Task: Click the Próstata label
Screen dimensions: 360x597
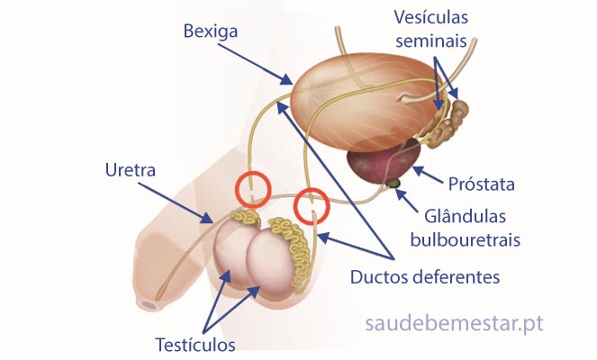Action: [x=481, y=185]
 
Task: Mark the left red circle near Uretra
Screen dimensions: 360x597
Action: [x=253, y=189]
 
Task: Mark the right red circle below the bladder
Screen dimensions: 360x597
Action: [x=312, y=206]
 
